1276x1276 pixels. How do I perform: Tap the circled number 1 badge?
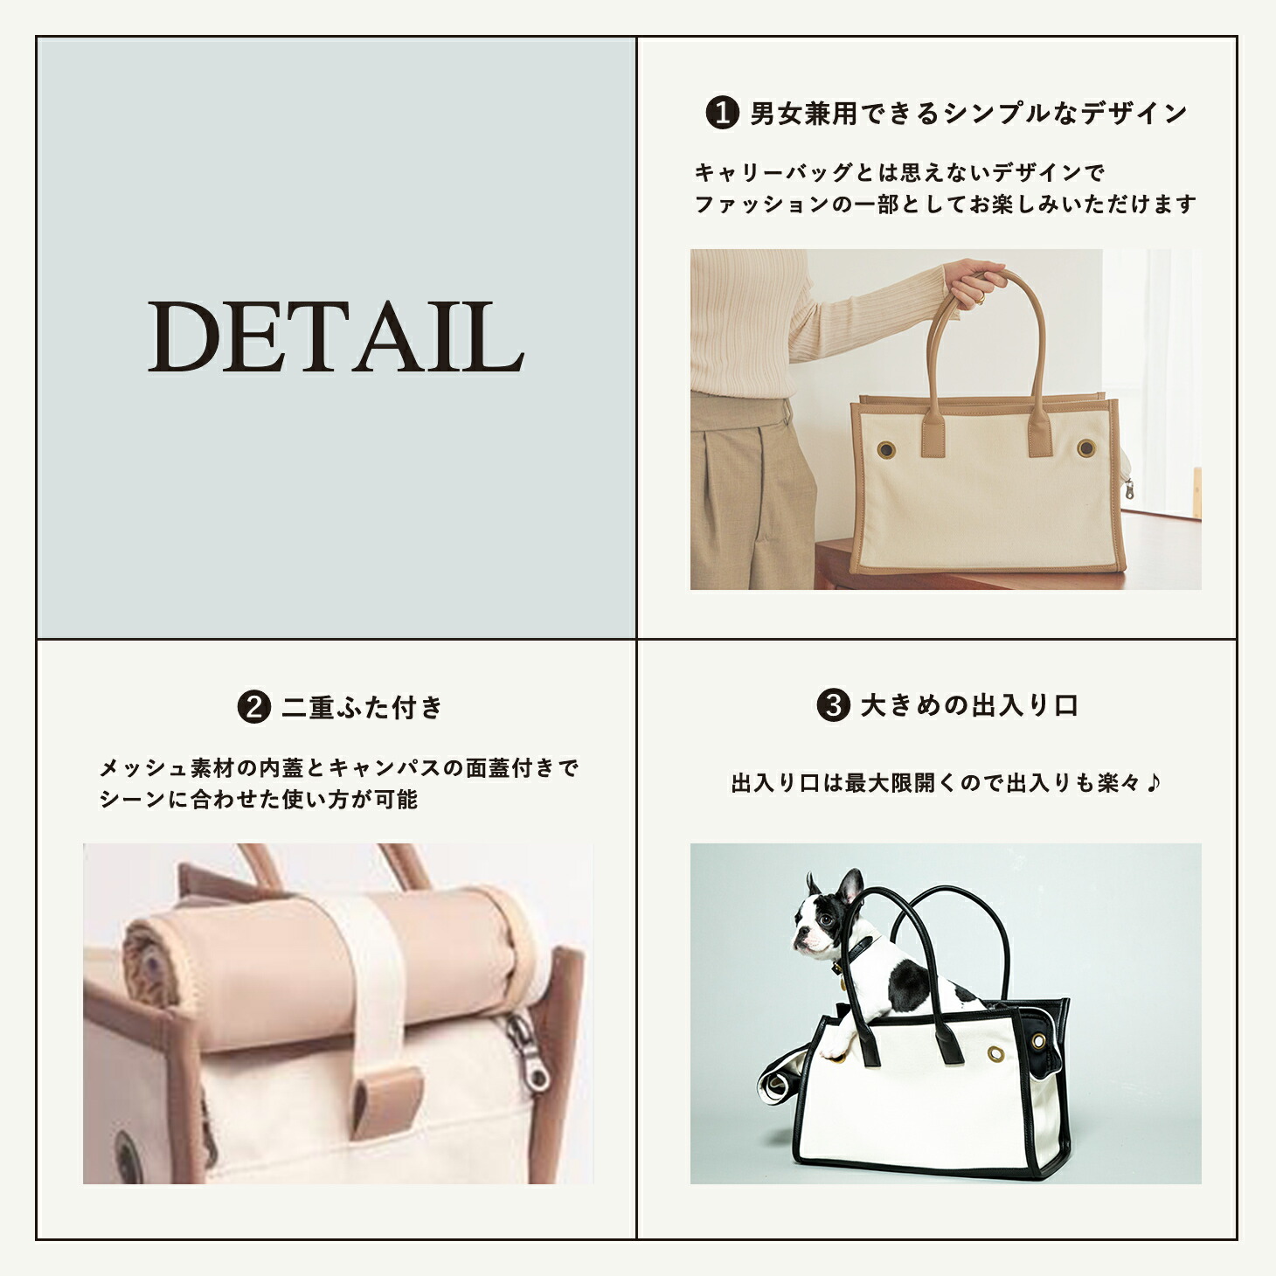(x=722, y=114)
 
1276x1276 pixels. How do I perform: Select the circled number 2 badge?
(x=254, y=708)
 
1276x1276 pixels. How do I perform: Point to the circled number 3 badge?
(x=833, y=706)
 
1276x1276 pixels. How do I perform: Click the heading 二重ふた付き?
(x=362, y=708)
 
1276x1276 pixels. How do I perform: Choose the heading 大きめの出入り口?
(x=970, y=706)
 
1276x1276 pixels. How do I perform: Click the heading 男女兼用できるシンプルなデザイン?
(x=968, y=114)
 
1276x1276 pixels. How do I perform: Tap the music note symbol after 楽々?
(x=1153, y=784)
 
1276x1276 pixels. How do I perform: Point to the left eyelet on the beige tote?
(x=886, y=449)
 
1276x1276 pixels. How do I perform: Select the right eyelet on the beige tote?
(x=1086, y=448)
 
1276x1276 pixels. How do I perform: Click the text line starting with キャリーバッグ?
(x=900, y=173)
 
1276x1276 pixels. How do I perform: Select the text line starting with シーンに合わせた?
(x=258, y=800)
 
